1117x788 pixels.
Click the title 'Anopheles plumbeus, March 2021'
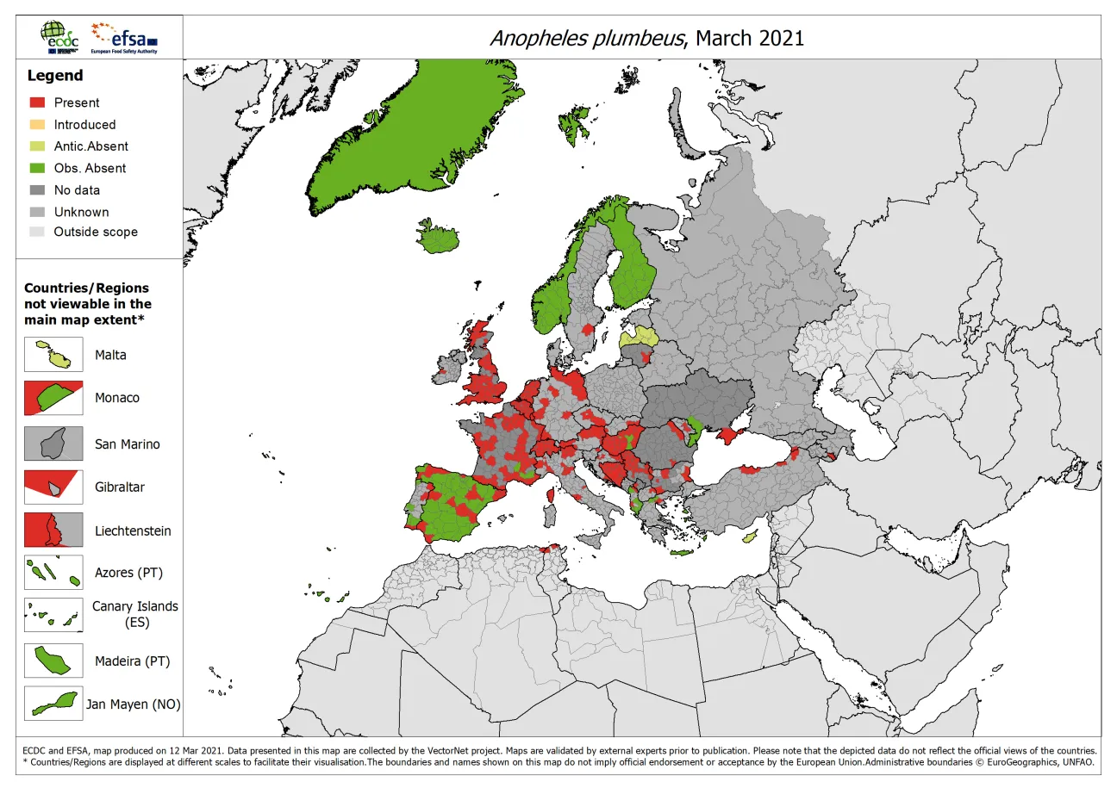[646, 38]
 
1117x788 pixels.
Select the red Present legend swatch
[37, 102]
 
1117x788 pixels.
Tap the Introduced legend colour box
[37, 124]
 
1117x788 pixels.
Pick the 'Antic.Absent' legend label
[90, 146]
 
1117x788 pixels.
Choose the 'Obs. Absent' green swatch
[37, 168]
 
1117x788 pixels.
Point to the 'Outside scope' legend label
[95, 232]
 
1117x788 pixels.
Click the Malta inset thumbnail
[53, 355]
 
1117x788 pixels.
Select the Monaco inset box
[53, 398]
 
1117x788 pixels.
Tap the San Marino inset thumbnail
[53, 444]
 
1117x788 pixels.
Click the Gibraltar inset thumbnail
[53, 487]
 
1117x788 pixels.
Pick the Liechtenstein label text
[133, 531]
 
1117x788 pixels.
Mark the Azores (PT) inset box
[53, 573]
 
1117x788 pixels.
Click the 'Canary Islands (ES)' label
[135, 614]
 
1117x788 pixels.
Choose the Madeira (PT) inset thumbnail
[53, 661]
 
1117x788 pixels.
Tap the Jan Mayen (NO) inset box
[53, 704]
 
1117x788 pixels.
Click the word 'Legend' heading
[55, 76]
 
